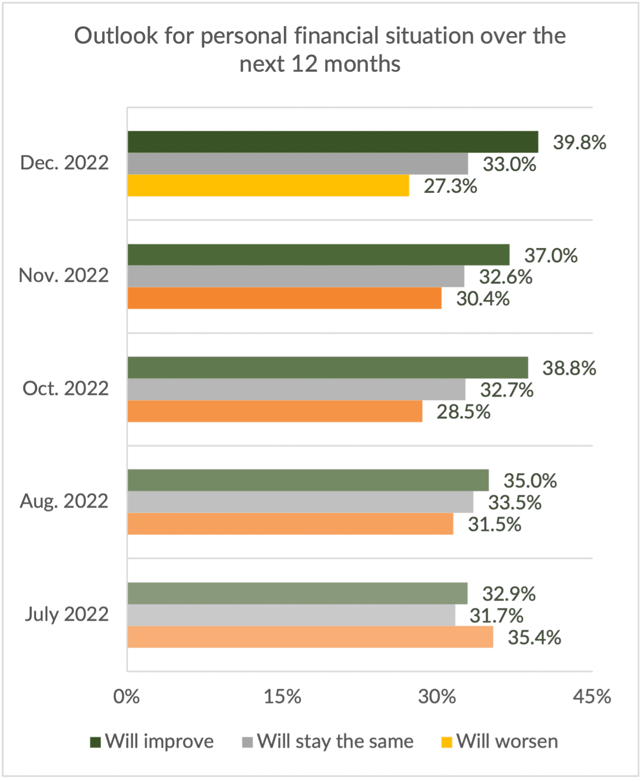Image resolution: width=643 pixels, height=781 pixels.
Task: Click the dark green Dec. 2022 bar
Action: (333, 142)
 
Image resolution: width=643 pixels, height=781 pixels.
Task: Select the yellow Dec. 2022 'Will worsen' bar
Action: (268, 186)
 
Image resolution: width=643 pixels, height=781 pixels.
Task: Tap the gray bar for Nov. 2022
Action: (295, 276)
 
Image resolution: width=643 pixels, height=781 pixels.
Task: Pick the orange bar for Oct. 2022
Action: (275, 411)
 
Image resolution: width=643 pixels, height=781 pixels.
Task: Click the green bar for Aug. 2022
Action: (308, 480)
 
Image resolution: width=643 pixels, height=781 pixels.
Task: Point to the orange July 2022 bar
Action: (310, 637)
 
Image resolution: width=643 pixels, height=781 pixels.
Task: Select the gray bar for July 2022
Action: (291, 615)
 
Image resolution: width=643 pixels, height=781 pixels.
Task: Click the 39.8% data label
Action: (579, 142)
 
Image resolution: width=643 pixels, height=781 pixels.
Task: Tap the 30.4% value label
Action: (483, 299)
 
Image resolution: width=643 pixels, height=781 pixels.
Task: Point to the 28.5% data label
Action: (463, 412)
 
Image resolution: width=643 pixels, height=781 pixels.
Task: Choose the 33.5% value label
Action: (514, 502)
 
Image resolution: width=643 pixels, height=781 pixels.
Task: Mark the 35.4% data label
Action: (534, 637)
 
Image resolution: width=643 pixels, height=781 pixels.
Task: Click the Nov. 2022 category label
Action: (64, 276)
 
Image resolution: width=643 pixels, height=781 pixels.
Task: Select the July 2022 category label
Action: (66, 614)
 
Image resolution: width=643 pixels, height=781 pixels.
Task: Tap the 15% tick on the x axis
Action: (282, 696)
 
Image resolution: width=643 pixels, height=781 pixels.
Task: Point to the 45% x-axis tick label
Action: (591, 696)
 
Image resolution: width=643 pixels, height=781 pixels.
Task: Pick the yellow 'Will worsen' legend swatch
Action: (447, 742)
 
